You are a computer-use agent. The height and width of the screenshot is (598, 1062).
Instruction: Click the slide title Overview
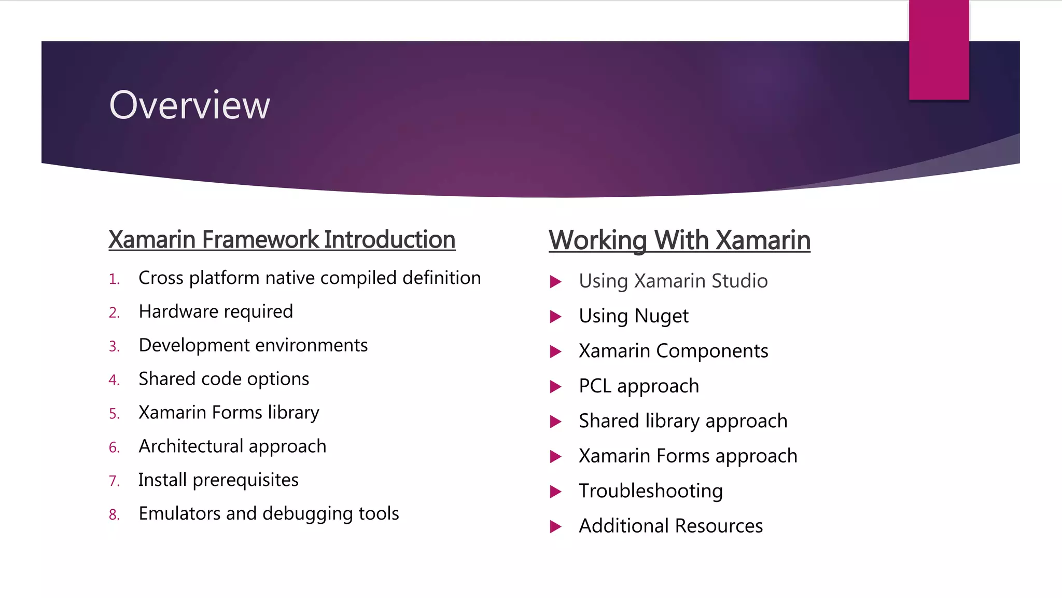(189, 105)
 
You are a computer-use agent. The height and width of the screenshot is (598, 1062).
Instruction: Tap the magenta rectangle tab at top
(939, 49)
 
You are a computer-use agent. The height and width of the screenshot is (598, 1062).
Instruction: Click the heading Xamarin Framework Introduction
(282, 240)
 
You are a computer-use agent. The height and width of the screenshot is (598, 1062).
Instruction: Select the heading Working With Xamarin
(679, 240)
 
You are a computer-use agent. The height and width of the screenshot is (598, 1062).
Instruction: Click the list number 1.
(114, 280)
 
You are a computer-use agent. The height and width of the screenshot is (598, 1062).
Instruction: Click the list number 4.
(114, 380)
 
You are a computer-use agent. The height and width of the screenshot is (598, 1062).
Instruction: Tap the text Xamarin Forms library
(229, 413)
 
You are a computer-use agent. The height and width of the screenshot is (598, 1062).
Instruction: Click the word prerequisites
(245, 480)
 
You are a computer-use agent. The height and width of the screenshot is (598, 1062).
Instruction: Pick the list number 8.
(114, 515)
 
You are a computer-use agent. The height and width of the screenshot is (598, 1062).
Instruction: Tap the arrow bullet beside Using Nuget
(555, 317)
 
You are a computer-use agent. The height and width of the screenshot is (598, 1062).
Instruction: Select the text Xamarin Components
(673, 351)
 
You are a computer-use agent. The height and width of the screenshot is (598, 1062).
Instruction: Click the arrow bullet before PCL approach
(555, 387)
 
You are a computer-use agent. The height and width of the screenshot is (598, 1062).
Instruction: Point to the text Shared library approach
(683, 421)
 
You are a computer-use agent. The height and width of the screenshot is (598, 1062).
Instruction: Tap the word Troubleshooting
(650, 491)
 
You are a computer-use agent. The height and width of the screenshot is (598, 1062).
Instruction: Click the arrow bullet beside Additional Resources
(555, 527)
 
